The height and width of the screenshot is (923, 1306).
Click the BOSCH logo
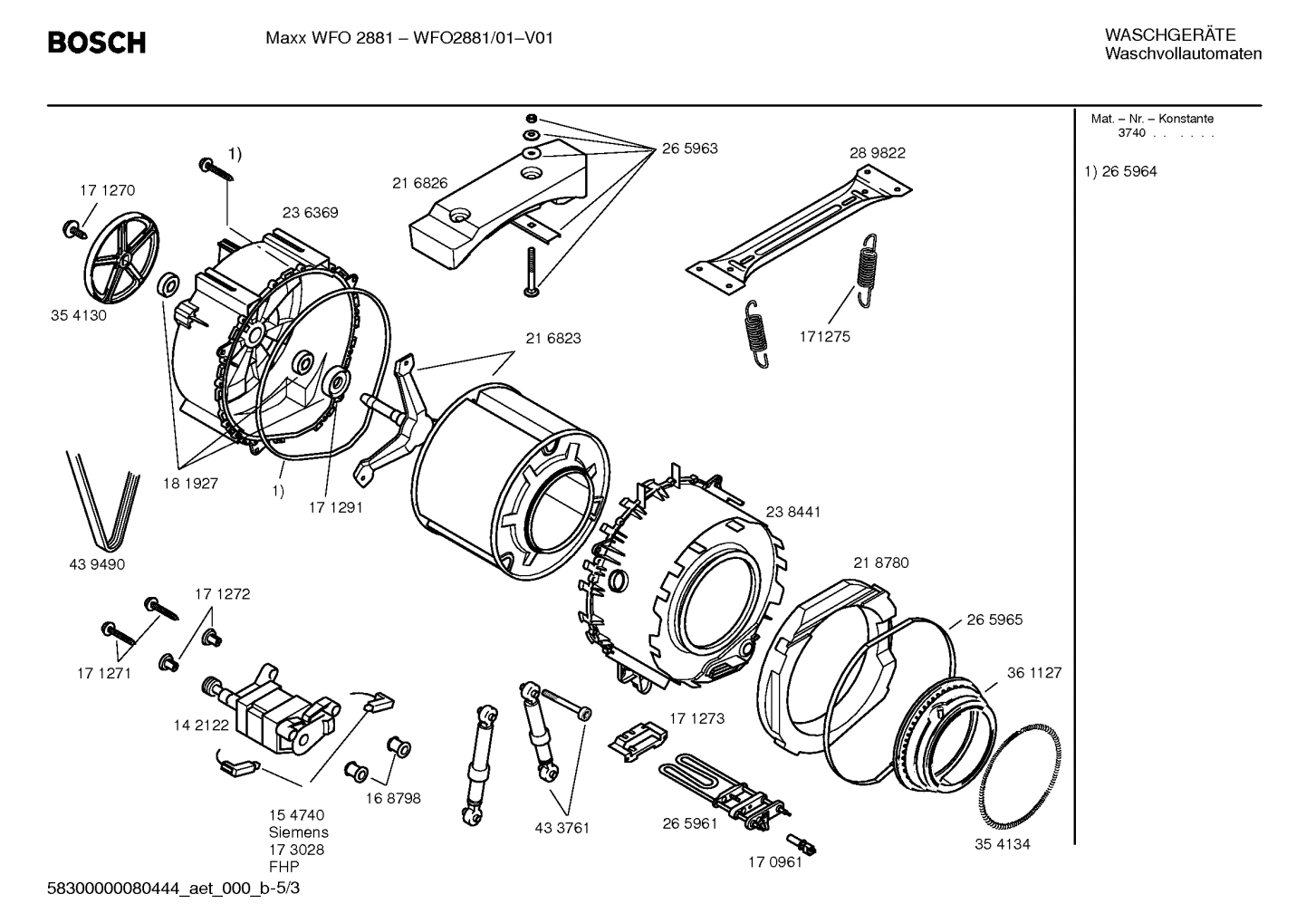[96, 43]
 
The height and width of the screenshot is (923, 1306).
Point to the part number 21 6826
[419, 183]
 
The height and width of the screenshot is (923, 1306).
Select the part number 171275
[824, 336]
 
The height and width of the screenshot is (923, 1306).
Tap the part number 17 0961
[774, 862]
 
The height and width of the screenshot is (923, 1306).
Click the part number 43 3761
[562, 828]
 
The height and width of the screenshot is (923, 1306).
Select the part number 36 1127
[1034, 673]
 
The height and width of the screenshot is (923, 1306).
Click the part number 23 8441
[792, 512]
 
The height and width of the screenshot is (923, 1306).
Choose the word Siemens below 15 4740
[298, 832]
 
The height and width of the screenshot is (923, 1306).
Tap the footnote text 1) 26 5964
[1120, 171]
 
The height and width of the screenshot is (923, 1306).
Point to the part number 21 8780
[880, 562]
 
